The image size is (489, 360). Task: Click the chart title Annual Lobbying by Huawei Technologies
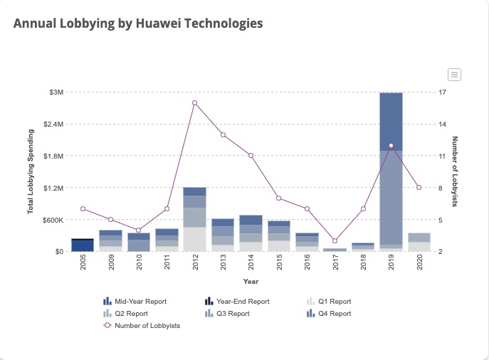tap(138, 23)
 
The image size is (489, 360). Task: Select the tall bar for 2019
tap(391, 171)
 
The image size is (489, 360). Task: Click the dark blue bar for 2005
tap(83, 245)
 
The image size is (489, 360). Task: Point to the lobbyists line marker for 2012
tap(194, 103)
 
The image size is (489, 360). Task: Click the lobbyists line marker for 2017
tap(335, 241)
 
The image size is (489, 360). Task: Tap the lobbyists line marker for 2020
tap(419, 187)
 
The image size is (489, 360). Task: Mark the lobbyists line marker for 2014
tap(251, 155)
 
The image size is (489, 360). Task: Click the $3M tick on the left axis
tap(56, 92)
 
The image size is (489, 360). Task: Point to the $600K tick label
tap(53, 220)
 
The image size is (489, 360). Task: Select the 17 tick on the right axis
tap(443, 92)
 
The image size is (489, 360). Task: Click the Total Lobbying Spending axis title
tap(31, 171)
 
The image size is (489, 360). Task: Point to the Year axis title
tap(251, 282)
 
